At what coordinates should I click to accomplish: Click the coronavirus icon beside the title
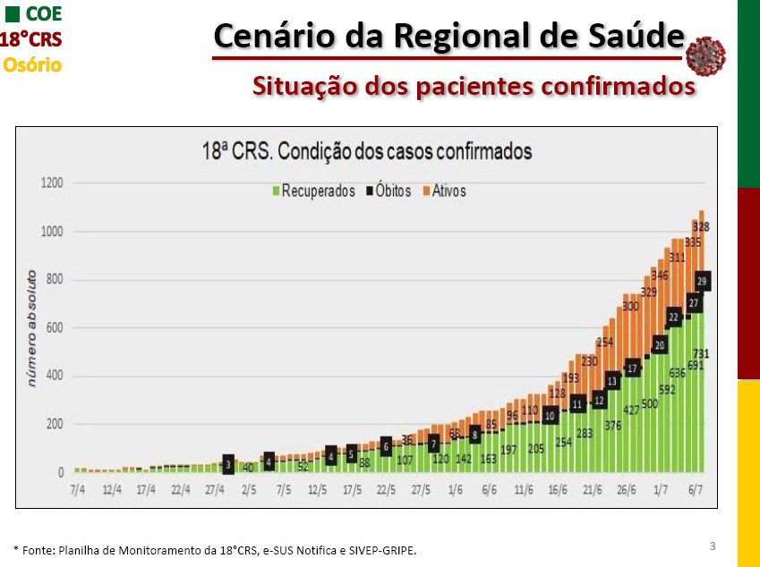click(705, 55)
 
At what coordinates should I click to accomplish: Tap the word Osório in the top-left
click(32, 64)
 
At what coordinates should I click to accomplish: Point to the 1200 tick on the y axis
click(52, 183)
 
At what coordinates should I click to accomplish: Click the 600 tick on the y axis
click(55, 328)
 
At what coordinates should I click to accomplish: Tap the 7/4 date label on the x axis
click(79, 490)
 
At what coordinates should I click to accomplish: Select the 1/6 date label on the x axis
click(455, 490)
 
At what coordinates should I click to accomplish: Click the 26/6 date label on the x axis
click(626, 490)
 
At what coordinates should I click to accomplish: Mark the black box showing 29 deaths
click(703, 281)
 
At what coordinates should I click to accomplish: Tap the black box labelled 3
click(228, 464)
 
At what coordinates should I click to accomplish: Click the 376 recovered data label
click(612, 425)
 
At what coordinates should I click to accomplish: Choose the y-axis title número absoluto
click(31, 327)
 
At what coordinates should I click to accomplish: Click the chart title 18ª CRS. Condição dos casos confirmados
click(367, 152)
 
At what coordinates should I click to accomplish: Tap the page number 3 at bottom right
click(712, 546)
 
